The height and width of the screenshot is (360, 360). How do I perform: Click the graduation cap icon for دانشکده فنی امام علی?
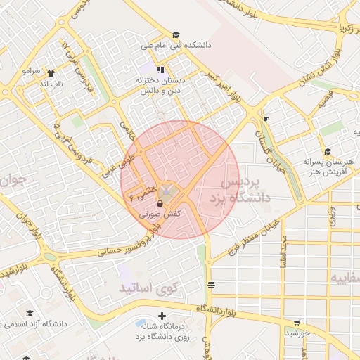tap(176, 34)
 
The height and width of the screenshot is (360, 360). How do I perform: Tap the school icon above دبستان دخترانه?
tap(161, 70)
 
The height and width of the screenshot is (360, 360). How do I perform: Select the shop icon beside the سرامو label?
tap(51, 72)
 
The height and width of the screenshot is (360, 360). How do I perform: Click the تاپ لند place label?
tap(51, 84)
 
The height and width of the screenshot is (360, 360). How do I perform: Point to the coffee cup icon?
tap(265, 120)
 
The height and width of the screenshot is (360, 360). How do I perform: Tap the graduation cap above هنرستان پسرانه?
tap(328, 151)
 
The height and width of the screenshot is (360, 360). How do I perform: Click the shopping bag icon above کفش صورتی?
tap(160, 203)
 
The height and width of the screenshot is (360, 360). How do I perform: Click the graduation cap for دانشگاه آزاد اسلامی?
tap(30, 314)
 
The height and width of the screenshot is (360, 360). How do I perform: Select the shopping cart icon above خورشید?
tap(297, 323)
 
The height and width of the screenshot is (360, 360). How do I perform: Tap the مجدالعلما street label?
tap(283, 251)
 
